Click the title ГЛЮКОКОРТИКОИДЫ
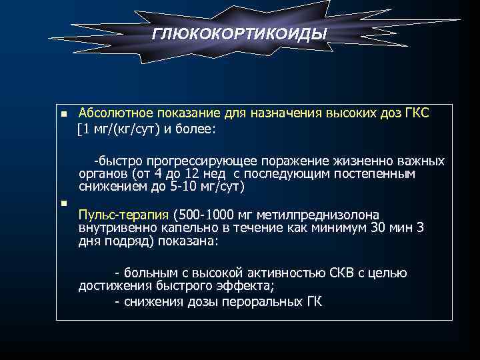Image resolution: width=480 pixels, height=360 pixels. (x=240, y=33)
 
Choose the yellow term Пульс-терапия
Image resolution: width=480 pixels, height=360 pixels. (x=123, y=216)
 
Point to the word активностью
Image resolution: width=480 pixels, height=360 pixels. (x=291, y=273)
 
